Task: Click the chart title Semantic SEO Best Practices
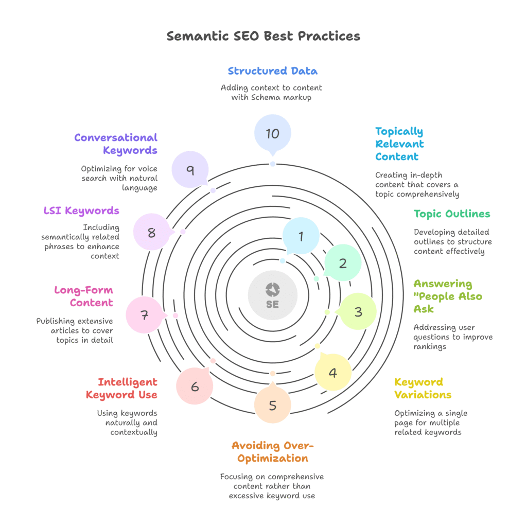[263, 36]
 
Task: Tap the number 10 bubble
[272, 133]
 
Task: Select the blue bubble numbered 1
[301, 236]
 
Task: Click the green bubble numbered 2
[343, 263]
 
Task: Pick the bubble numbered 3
[358, 311]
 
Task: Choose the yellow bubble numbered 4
[333, 372]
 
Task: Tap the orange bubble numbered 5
[272, 405]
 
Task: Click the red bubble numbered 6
[195, 386]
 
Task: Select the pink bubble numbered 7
[145, 315]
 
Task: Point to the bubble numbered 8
[151, 232]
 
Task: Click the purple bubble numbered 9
[190, 169]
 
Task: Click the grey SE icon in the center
[272, 295]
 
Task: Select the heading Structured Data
[272, 71]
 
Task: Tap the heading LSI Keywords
[81, 210]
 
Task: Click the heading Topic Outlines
[452, 214]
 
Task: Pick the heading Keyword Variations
[423, 388]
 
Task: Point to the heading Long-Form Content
[84, 296]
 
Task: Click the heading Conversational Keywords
[116, 144]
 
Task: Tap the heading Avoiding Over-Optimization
[270, 451]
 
